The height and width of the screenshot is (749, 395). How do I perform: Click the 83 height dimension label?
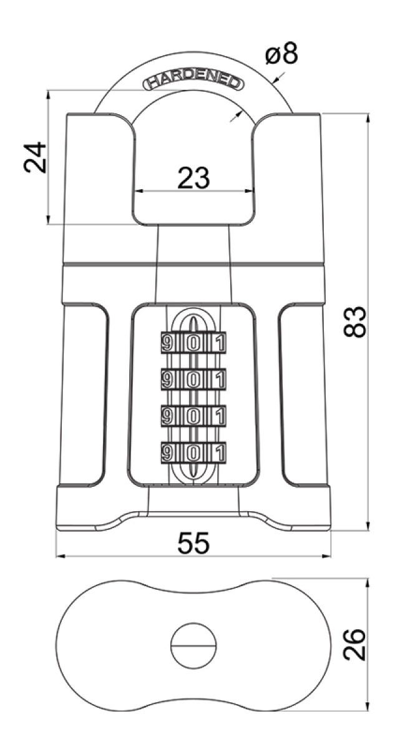355,321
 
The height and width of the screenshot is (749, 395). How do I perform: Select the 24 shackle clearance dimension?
35,157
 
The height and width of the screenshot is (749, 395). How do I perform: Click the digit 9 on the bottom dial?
167,453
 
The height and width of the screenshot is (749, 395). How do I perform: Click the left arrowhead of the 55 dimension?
61,556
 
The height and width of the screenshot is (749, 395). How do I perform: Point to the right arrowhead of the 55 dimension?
326,556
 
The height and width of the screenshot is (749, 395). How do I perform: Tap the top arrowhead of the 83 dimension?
368,119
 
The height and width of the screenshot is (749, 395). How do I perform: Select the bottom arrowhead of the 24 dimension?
49,219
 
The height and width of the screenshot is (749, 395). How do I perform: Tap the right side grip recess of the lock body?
303,394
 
